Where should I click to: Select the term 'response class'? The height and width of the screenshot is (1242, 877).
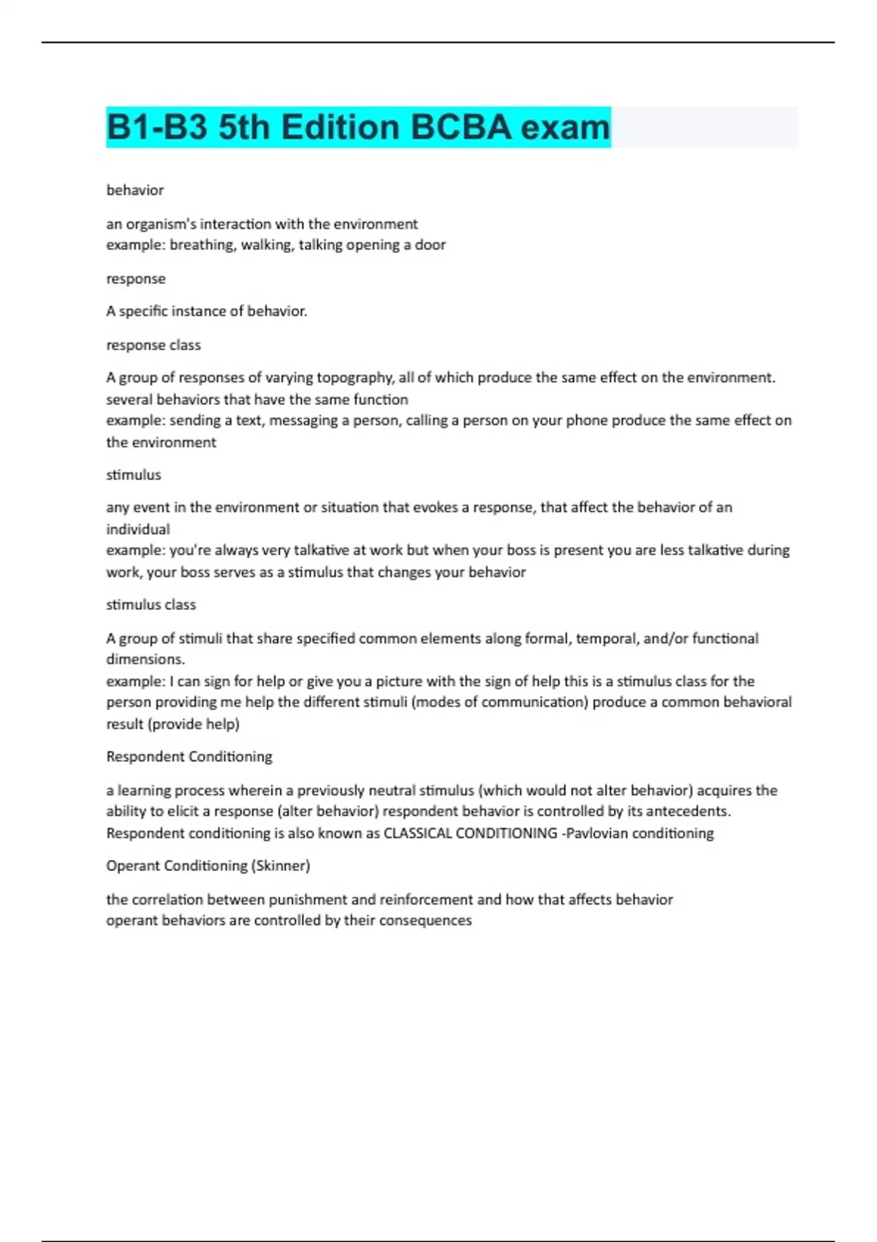(x=153, y=345)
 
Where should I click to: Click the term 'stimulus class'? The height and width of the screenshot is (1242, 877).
(x=151, y=605)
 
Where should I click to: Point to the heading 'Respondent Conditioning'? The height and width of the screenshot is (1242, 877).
(x=189, y=757)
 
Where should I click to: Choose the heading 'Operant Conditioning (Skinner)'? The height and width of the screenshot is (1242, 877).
(x=208, y=866)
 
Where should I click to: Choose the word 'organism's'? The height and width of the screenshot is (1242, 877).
(x=161, y=224)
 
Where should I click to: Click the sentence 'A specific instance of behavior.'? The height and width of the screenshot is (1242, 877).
(x=207, y=311)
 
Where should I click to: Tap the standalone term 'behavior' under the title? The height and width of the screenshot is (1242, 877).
(x=135, y=190)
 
